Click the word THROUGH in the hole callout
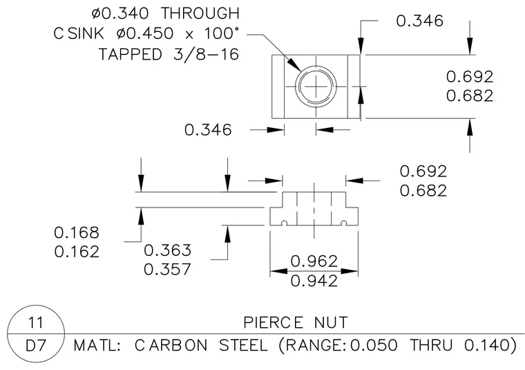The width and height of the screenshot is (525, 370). (x=200, y=13)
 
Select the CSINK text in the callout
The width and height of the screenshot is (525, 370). (x=79, y=33)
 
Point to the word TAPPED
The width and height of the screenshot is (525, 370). (x=131, y=55)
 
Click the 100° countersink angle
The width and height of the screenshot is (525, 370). (x=222, y=33)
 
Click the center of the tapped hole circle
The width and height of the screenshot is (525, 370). (x=316, y=86)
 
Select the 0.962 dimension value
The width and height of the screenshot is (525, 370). (x=314, y=261)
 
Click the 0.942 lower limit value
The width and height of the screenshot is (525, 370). (x=314, y=281)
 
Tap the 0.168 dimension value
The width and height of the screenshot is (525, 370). (x=77, y=232)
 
